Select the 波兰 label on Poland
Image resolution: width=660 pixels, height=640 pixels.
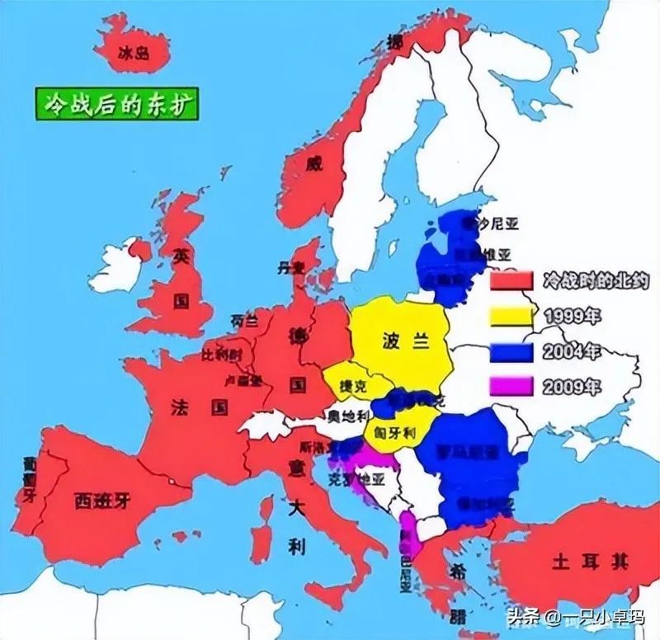pyautogui.click(x=403, y=341)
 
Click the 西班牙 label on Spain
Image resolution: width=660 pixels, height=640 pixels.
pyautogui.click(x=101, y=500)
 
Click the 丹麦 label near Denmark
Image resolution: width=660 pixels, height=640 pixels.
pyautogui.click(x=290, y=267)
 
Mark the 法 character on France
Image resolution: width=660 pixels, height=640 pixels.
pyautogui.click(x=181, y=407)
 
